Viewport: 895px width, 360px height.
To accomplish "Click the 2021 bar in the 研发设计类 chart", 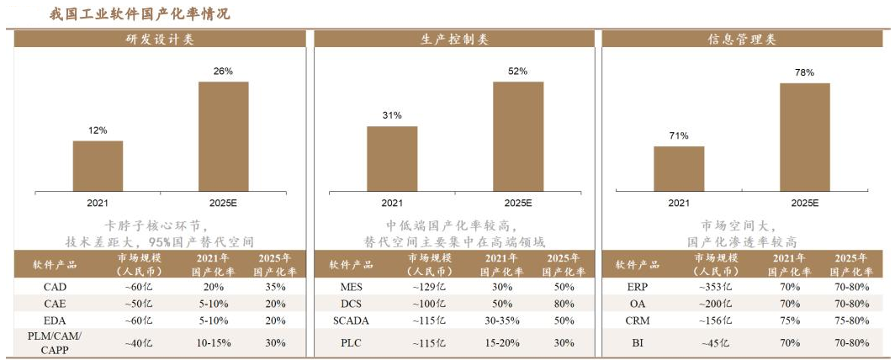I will coord(98,166).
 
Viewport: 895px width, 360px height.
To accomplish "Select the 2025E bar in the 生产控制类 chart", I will coord(517,136).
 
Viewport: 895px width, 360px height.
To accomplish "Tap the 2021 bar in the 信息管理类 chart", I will coord(679,168).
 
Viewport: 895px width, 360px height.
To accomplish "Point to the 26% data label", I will coord(223,71).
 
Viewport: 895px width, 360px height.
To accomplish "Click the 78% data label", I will coord(804,73).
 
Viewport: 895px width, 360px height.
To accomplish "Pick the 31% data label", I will coord(392,115).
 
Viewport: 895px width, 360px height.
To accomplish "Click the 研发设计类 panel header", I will coord(160,40).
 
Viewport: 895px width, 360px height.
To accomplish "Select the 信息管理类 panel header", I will coord(741,40).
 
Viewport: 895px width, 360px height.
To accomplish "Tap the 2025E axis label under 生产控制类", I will coord(517,203).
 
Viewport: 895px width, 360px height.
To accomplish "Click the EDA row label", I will coord(55,320).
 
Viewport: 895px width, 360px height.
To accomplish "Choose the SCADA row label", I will coord(351,320).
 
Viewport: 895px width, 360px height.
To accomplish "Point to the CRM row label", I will coord(638,320).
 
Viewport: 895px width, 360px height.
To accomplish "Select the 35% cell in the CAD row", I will coord(273,287).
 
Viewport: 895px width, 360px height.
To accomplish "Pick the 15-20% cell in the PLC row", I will coord(501,342).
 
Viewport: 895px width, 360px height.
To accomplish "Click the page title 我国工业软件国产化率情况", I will coord(139,14).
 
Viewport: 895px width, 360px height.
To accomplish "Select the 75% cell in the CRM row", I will coord(789,320).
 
